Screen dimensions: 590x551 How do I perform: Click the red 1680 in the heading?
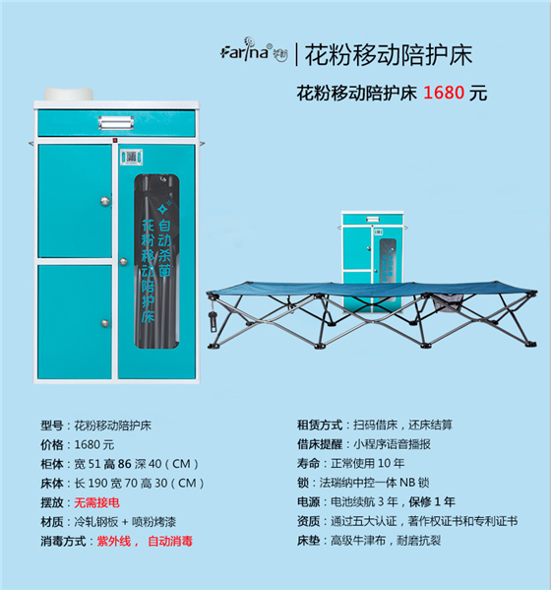pos(445,94)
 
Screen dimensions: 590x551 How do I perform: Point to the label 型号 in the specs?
pos(52,426)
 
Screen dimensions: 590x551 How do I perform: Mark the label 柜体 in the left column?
pos(52,464)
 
